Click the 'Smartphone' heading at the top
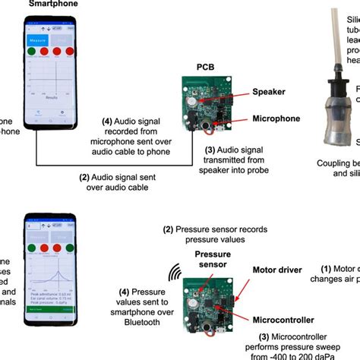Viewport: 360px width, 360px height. point(48,5)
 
